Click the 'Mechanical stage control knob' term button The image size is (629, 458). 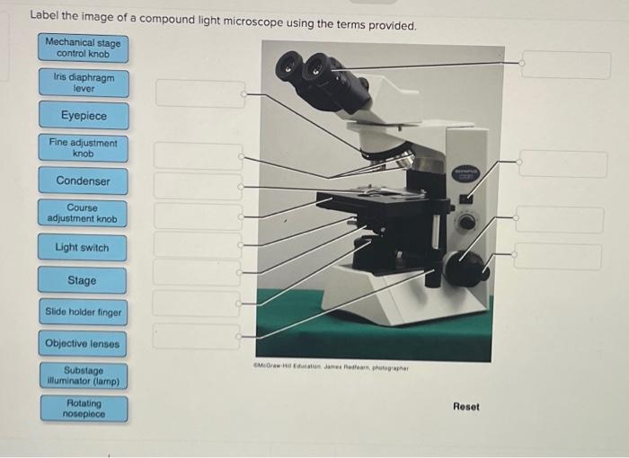pyautogui.click(x=84, y=48)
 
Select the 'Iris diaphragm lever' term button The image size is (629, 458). pyautogui.click(x=84, y=83)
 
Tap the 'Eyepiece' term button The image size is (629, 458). pyautogui.click(x=84, y=116)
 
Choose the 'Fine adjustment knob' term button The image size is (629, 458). pyautogui.click(x=84, y=148)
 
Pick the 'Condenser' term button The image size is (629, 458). pyautogui.click(x=83, y=181)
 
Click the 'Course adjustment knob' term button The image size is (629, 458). pyautogui.click(x=83, y=214)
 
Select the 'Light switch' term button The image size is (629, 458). pyautogui.click(x=83, y=248)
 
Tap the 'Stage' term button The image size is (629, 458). pyautogui.click(x=83, y=280)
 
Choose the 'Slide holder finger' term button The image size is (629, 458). pyautogui.click(x=84, y=312)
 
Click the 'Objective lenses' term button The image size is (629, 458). pyautogui.click(x=83, y=344)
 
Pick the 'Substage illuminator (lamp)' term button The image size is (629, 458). pyautogui.click(x=84, y=375)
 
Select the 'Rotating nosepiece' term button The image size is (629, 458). pyautogui.click(x=84, y=409)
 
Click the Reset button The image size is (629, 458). pyautogui.click(x=466, y=407)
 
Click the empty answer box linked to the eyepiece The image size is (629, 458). pyautogui.click(x=566, y=64)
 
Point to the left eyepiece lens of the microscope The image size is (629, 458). pyautogui.click(x=288, y=66)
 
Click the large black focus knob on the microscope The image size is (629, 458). pyautogui.click(x=465, y=269)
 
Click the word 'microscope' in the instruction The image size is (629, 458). pyautogui.click(x=252, y=22)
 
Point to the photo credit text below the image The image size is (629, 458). pyautogui.click(x=331, y=366)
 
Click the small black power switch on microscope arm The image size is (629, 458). pyautogui.click(x=465, y=198)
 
